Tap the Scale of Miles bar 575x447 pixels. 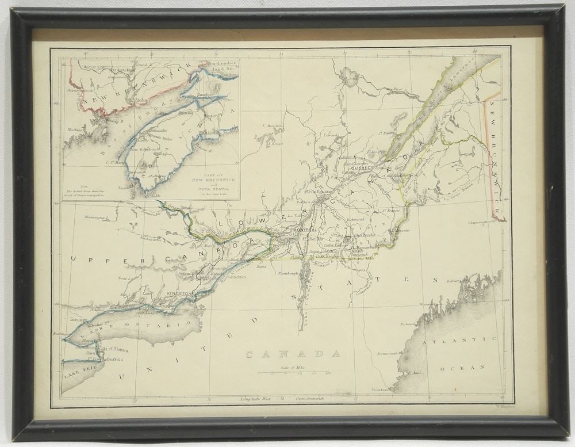pos(294,372)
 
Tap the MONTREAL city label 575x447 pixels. pos(305,230)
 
